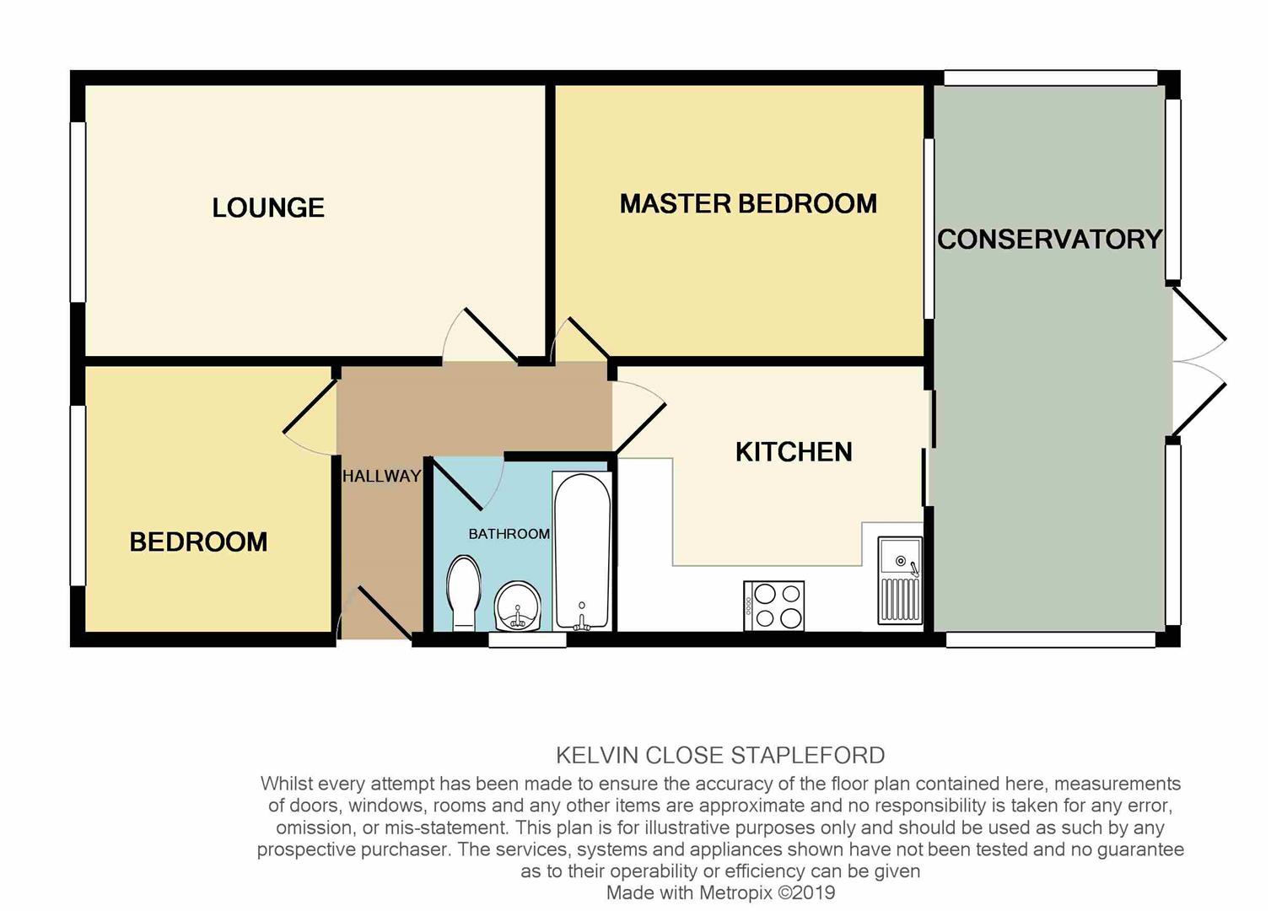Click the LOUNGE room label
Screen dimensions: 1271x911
pyautogui.click(x=268, y=208)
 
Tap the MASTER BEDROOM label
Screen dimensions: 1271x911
pyautogui.click(x=748, y=204)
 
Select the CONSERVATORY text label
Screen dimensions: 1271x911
pyautogui.click(x=1050, y=239)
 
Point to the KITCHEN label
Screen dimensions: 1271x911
pyautogui.click(x=794, y=452)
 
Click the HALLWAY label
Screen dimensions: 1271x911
pyautogui.click(x=382, y=476)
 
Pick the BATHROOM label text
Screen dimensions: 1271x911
pyautogui.click(x=509, y=534)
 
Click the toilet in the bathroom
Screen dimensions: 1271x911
pyautogui.click(x=464, y=593)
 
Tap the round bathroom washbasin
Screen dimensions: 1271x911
pyautogui.click(x=518, y=606)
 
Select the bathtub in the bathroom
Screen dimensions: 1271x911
pyautogui.click(x=582, y=552)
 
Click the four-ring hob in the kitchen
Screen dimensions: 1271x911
pyautogui.click(x=774, y=606)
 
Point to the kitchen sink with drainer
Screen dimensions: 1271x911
pyautogui.click(x=900, y=580)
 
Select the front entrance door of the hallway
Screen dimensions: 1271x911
pyautogui.click(x=385, y=612)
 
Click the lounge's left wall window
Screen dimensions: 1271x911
pyautogui.click(x=78, y=213)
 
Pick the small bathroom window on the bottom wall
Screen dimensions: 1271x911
pyautogui.click(x=528, y=640)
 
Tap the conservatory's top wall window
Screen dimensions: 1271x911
pyautogui.click(x=1051, y=78)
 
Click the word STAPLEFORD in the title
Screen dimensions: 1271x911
pyautogui.click(x=808, y=756)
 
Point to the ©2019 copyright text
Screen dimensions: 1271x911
pyautogui.click(x=807, y=892)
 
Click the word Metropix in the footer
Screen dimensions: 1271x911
pyautogui.click(x=735, y=892)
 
